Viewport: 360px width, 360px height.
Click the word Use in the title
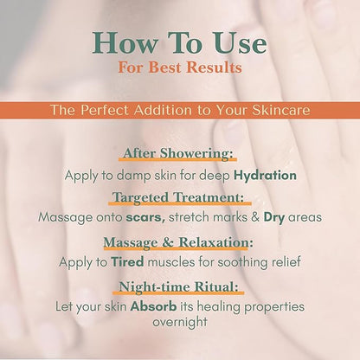pos(241,42)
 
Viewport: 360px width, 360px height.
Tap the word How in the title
pos(125,42)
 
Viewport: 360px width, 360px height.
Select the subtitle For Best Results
pos(180,67)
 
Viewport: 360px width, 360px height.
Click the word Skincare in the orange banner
pos(281,110)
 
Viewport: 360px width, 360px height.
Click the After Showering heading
pos(177,153)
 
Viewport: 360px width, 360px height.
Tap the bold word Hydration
pos(265,176)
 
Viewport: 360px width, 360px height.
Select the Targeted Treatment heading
pos(178,197)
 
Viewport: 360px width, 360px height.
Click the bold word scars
pos(145,217)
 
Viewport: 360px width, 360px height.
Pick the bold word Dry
pos(274,217)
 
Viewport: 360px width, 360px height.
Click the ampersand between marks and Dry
pos(255,217)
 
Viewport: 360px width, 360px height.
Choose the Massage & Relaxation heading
pos(178,242)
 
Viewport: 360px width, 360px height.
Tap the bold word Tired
pos(127,262)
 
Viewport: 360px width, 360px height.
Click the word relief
pos(286,262)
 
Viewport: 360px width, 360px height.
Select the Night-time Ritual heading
pos(179,286)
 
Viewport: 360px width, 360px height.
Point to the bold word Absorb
pos(153,306)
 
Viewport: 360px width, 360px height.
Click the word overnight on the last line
pos(180,322)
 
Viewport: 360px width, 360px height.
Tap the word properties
pos(274,307)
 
